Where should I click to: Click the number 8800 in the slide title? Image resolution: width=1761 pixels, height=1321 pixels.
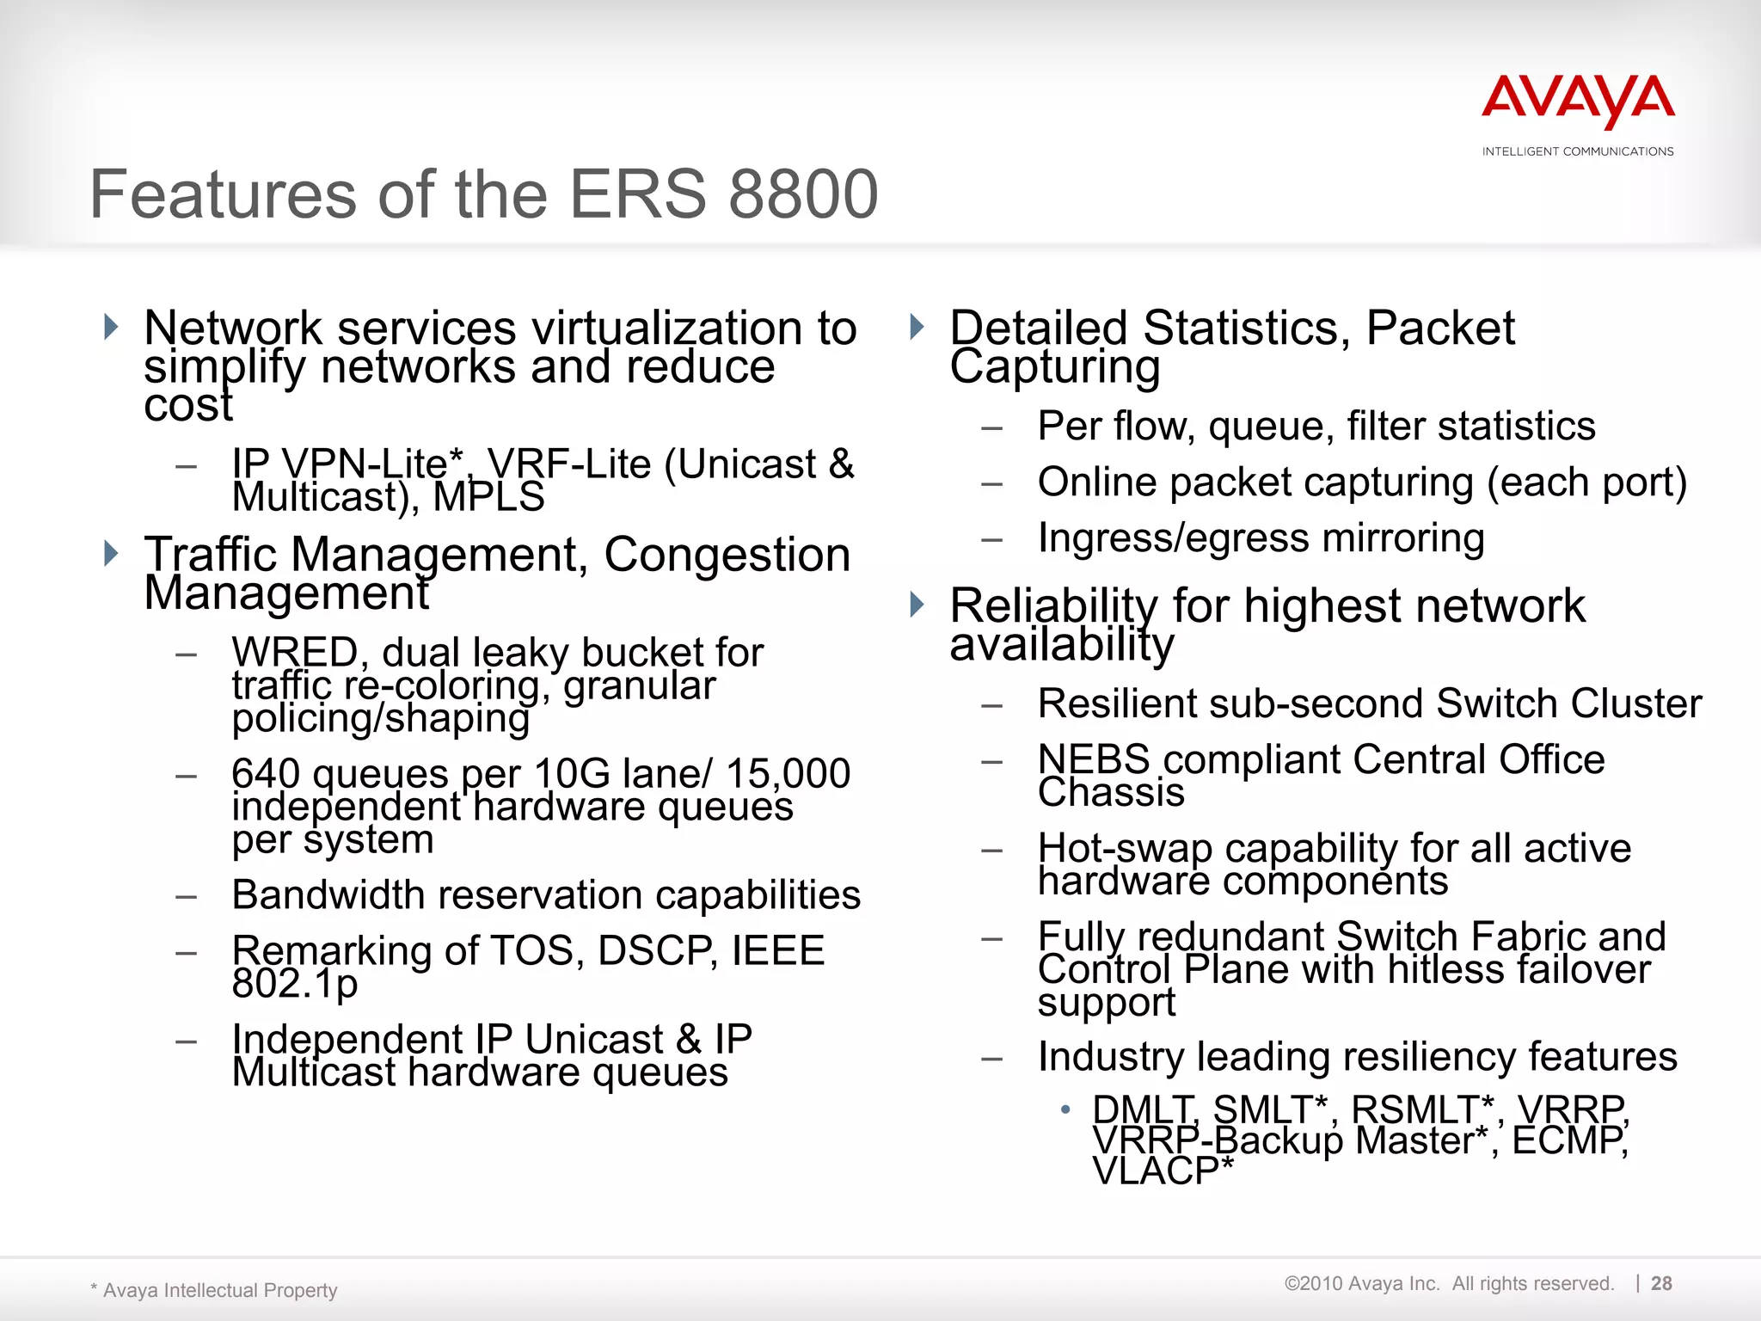coord(803,194)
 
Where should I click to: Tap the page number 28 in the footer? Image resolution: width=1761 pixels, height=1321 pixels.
coord(1661,1283)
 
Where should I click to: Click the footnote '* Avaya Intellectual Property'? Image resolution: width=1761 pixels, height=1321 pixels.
coord(214,1290)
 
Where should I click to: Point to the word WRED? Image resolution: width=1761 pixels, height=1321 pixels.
coord(295,652)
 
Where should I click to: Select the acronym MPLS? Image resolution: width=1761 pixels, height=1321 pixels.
coord(488,497)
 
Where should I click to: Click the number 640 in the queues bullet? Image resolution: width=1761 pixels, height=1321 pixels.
coord(267,773)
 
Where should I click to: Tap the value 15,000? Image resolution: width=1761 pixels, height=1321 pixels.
coord(788,773)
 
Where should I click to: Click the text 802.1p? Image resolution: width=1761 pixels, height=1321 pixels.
coord(294,983)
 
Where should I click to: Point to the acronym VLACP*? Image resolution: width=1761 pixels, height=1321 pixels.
coord(1163,1171)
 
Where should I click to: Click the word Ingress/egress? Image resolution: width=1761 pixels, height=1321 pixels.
coord(1173,538)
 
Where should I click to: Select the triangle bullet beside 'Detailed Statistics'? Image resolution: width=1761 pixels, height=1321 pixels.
coord(917,327)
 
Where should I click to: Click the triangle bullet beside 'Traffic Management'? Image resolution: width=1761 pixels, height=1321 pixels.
coord(111,553)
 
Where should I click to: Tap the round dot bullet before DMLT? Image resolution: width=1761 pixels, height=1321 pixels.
coord(1065,1109)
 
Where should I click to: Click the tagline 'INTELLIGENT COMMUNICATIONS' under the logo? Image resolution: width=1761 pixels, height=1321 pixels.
coord(1578,151)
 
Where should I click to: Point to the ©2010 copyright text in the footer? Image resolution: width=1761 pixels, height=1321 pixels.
coord(1448,1283)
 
